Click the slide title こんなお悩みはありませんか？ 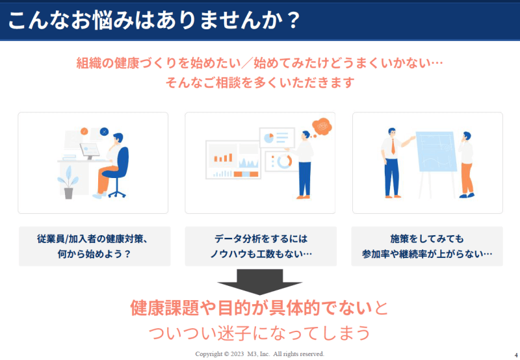(154, 20)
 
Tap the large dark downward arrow (259, 282)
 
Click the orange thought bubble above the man (322, 126)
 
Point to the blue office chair (118, 169)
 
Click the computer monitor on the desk (90, 151)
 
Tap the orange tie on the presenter (393, 146)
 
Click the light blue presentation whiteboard (435, 151)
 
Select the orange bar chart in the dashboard (223, 157)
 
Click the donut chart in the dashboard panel (284, 161)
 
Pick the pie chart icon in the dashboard (268, 138)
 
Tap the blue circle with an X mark (104, 132)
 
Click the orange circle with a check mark (84, 131)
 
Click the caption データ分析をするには (261, 238)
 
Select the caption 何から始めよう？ (94, 254)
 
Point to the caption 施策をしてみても (427, 238)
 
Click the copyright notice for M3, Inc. (259, 354)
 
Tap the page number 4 (516, 355)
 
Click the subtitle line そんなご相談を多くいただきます (260, 83)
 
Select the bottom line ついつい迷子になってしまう (259, 333)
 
